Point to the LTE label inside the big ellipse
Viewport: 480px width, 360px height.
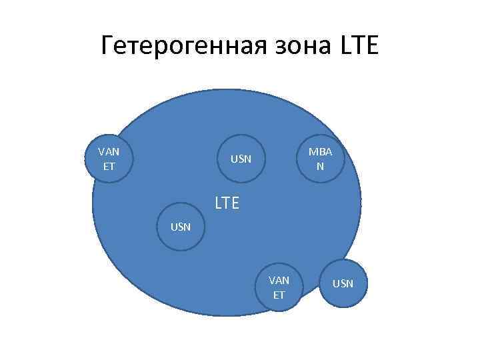click(227, 203)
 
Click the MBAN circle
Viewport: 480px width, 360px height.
click(321, 159)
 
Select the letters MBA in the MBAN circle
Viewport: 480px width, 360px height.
click(321, 153)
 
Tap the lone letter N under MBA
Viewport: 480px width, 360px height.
click(321, 166)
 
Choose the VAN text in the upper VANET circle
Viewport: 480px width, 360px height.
click(109, 152)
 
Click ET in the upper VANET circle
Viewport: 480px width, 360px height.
click(109, 165)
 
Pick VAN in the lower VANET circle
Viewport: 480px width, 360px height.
click(279, 280)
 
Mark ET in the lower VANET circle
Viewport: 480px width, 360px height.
click(279, 294)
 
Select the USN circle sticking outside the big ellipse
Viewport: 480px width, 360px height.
click(343, 284)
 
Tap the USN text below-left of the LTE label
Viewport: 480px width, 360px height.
click(181, 227)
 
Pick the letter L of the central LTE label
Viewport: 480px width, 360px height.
click(218, 203)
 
